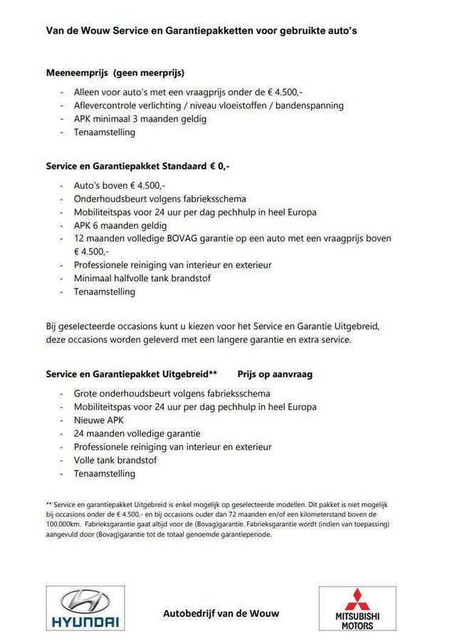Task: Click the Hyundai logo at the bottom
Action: (x=85, y=608)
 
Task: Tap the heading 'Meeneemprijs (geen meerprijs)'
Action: (x=115, y=72)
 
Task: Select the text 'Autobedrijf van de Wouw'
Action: (x=221, y=613)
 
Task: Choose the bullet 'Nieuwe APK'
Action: (x=98, y=420)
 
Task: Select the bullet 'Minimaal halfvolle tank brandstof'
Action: (x=142, y=278)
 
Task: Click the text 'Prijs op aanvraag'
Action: (x=275, y=373)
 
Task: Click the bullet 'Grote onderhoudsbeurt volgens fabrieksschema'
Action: (x=172, y=393)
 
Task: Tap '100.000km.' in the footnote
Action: (x=63, y=523)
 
